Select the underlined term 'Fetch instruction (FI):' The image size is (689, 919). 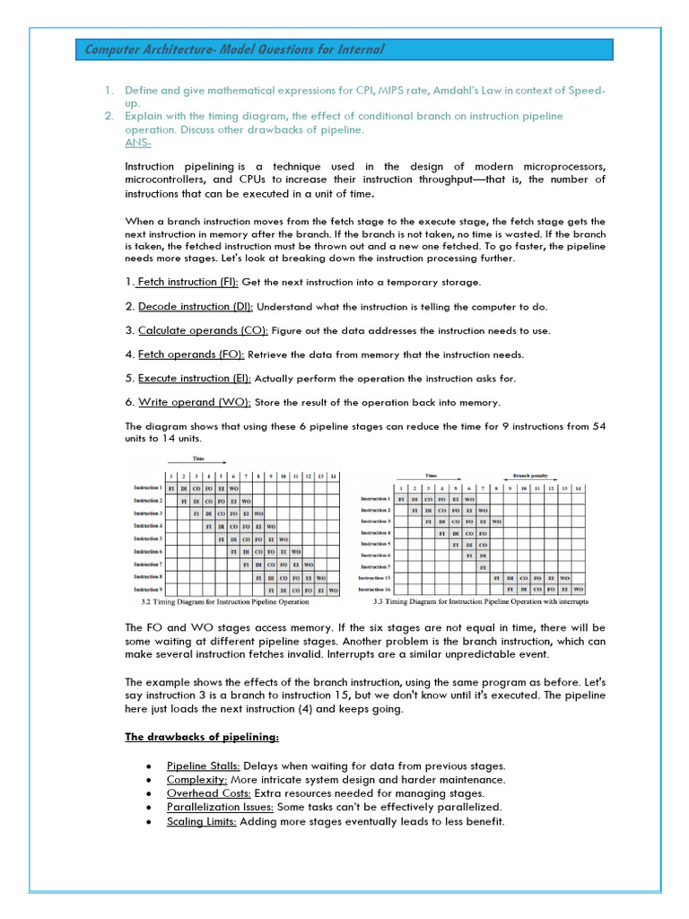[188, 282]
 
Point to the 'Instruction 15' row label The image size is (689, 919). [375, 578]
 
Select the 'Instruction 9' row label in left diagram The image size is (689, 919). [148, 590]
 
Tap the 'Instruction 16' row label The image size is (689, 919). [375, 590]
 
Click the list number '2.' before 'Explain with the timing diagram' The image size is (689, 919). [108, 116]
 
